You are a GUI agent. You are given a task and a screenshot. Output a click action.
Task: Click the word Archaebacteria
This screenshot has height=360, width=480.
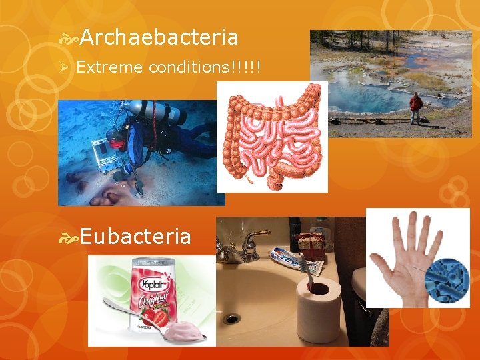pyautogui.click(x=159, y=37)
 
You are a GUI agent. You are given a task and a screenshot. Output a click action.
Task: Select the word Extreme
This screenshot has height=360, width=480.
pyautogui.click(x=111, y=67)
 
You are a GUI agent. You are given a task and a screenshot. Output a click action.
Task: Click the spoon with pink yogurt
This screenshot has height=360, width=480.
pyautogui.click(x=160, y=324)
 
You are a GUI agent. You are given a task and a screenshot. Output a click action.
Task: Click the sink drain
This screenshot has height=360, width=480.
pyautogui.click(x=231, y=318)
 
